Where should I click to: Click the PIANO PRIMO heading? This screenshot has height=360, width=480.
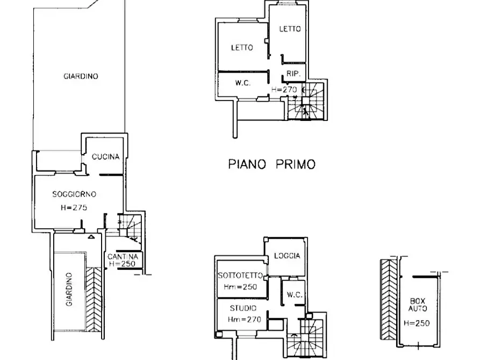pyautogui.click(x=272, y=164)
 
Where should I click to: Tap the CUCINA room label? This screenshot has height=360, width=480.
pyautogui.click(x=105, y=157)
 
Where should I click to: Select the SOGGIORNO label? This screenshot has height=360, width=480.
pyautogui.click(x=74, y=194)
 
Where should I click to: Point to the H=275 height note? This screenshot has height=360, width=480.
pyautogui.click(x=74, y=207)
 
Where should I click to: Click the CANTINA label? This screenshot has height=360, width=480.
pyautogui.click(x=123, y=256)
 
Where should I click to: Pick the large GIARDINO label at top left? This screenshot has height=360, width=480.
pyautogui.click(x=81, y=76)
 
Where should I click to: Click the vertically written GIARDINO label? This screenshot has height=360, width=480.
pyautogui.click(x=69, y=289)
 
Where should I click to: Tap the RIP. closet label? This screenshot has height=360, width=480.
pyautogui.click(x=293, y=74)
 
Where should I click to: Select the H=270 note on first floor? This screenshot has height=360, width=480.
pyautogui.click(x=284, y=90)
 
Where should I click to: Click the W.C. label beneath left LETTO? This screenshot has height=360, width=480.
pyautogui.click(x=243, y=83)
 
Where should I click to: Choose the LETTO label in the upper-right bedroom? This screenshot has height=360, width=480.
pyautogui.click(x=290, y=29)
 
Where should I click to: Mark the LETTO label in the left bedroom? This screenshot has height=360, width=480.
pyautogui.click(x=242, y=47)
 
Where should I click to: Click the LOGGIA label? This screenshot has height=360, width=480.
pyautogui.click(x=287, y=256)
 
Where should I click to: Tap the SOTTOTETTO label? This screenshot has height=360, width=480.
pyautogui.click(x=240, y=276)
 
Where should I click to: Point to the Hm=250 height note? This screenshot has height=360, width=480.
pyautogui.click(x=240, y=287)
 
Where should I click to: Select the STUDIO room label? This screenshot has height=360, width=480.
pyautogui.click(x=243, y=308)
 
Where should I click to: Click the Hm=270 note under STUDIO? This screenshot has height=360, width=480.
pyautogui.click(x=244, y=320)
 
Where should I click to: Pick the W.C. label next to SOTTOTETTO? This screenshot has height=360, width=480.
pyautogui.click(x=295, y=295)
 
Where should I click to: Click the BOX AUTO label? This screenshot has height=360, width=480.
pyautogui.click(x=418, y=305)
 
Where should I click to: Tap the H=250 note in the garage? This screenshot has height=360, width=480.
pyautogui.click(x=417, y=323)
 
